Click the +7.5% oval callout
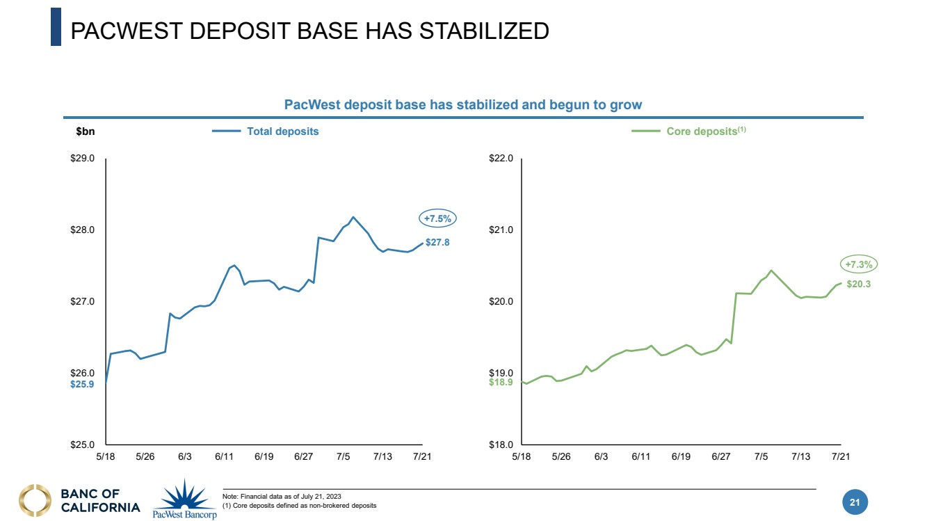(x=437, y=218)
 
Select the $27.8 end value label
(x=437, y=242)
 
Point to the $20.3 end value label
(x=859, y=284)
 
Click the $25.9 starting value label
(x=82, y=384)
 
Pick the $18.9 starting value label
(x=501, y=382)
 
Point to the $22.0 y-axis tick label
(x=501, y=159)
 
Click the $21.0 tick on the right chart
(x=501, y=230)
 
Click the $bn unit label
(x=85, y=131)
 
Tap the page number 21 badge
(x=855, y=502)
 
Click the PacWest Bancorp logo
(x=185, y=499)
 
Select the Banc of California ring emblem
(x=35, y=502)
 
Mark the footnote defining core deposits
(x=299, y=505)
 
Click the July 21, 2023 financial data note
(x=282, y=495)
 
